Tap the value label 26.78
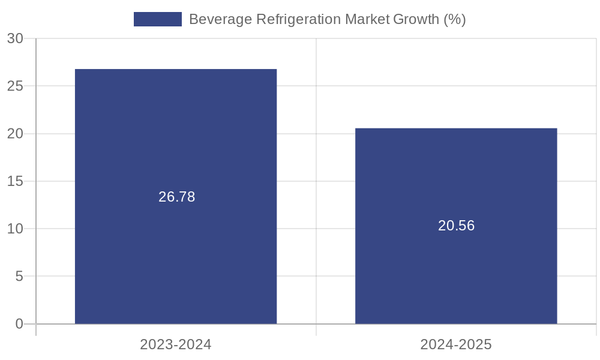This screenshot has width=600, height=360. [x=176, y=197]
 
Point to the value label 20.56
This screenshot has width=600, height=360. [x=456, y=226]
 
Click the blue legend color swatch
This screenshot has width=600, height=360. [x=157, y=19]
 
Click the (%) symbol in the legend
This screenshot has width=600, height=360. [x=455, y=19]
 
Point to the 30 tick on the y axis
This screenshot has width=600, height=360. [x=15, y=38]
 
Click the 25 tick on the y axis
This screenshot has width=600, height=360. [x=15, y=86]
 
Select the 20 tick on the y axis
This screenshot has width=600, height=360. [x=15, y=133]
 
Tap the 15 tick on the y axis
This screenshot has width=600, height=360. [x=15, y=181]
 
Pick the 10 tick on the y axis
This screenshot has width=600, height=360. [x=15, y=229]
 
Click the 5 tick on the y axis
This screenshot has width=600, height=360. [x=19, y=276]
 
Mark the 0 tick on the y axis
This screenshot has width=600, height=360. [x=19, y=324]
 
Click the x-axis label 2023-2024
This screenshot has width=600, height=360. [x=176, y=344]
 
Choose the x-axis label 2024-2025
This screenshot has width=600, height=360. [x=456, y=344]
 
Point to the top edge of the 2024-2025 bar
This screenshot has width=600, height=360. [x=456, y=128]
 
